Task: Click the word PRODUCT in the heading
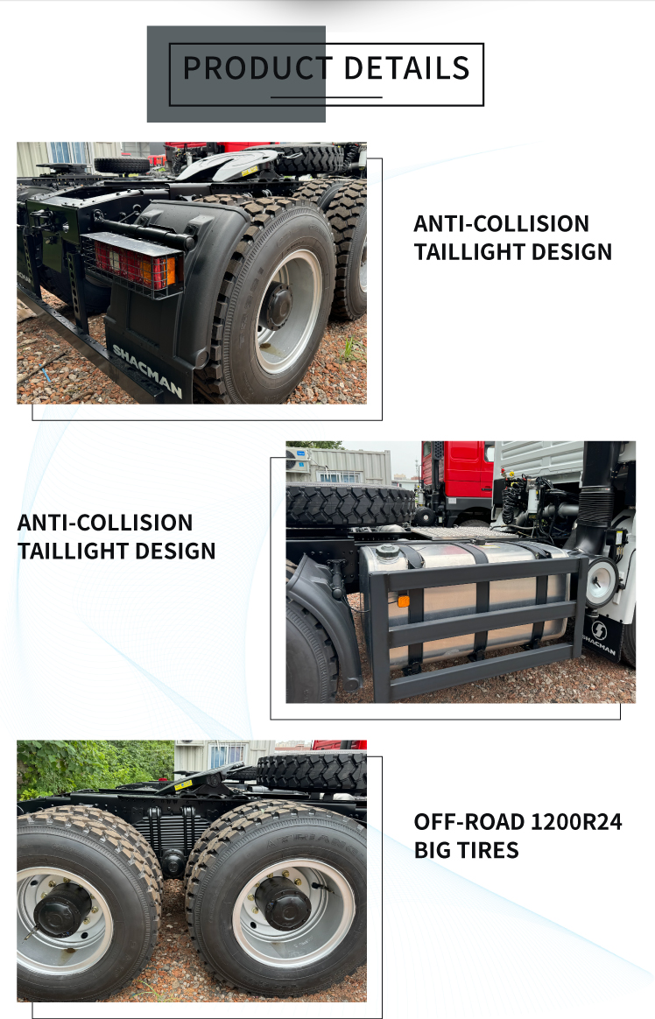[x=257, y=68]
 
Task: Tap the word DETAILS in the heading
[x=407, y=68]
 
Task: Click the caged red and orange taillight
[x=135, y=264]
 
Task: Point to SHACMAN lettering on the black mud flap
[x=147, y=370]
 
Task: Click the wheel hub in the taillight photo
[x=278, y=306]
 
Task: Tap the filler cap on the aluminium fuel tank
[x=388, y=552]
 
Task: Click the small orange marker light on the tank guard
[x=404, y=601]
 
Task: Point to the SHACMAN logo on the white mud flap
[x=599, y=637]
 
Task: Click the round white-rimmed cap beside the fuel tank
[x=602, y=581]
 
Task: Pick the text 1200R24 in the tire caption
[x=576, y=822]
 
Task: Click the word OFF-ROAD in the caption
[x=469, y=822]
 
